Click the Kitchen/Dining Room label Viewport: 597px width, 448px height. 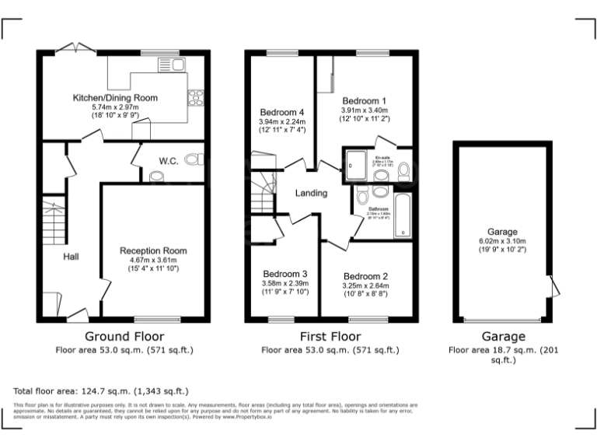point(115,98)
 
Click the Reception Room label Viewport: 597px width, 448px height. point(153,250)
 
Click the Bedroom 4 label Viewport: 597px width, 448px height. point(281,111)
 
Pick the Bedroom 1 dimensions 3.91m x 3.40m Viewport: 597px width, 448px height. point(365,111)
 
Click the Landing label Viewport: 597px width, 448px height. point(311,193)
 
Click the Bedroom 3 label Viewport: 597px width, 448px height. point(285,274)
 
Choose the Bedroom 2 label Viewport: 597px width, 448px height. point(365,276)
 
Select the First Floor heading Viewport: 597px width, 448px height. point(330,337)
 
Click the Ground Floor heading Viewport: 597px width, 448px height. point(124,337)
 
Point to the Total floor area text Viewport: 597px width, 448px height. point(101,390)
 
